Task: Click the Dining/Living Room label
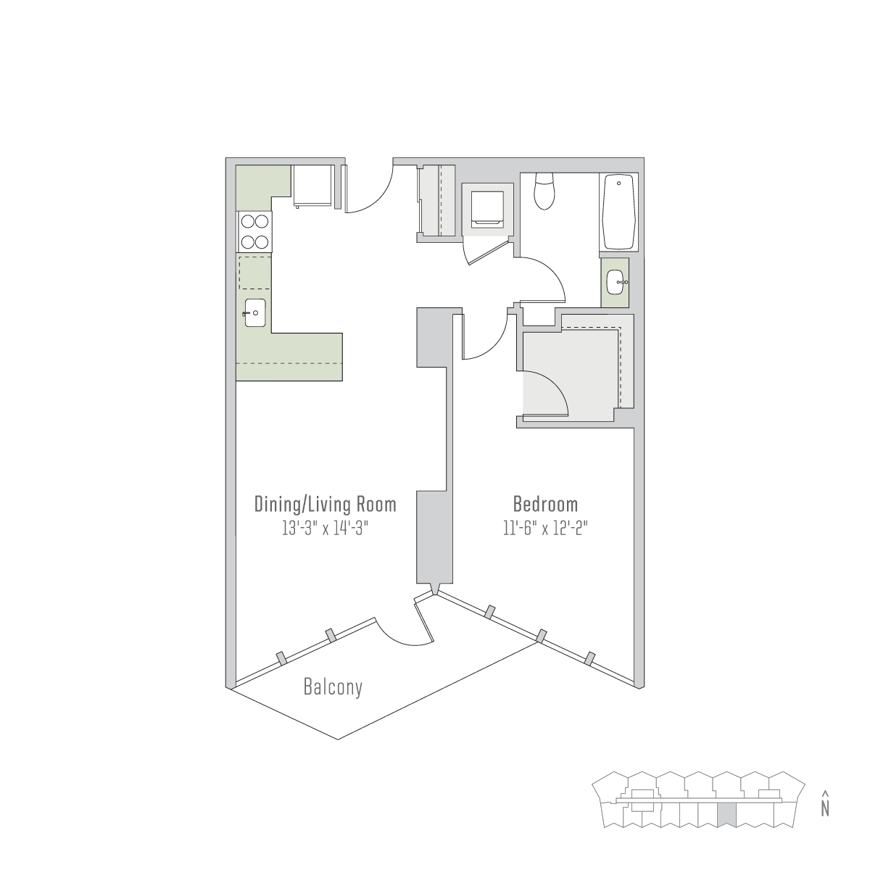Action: [x=325, y=505]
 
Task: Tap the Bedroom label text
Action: [x=545, y=504]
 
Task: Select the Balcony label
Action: [x=333, y=687]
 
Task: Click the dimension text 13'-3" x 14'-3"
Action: [x=325, y=528]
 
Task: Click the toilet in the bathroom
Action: [x=544, y=191]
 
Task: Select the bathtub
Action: [x=618, y=212]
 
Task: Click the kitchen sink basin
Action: [x=255, y=312]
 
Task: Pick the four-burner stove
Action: [x=254, y=232]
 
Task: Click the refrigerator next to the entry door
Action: [x=314, y=186]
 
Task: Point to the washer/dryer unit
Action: [x=488, y=209]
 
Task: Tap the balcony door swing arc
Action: [x=400, y=638]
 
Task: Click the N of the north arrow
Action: [x=825, y=808]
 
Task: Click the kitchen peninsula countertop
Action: [x=289, y=357]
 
